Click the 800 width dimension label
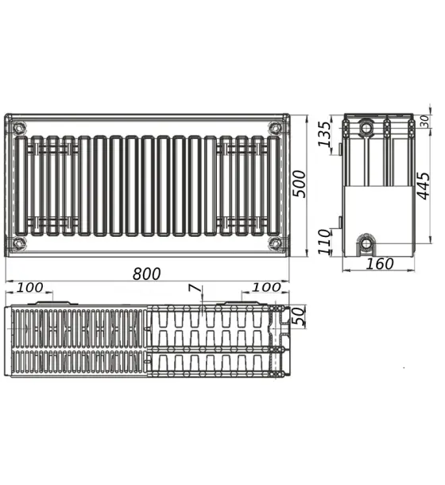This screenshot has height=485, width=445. pyautogui.click(x=146, y=274)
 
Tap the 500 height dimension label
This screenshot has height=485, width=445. pyautogui.click(x=299, y=184)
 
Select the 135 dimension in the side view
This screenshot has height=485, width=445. pyautogui.click(x=324, y=134)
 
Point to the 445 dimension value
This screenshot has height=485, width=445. pyautogui.click(x=423, y=185)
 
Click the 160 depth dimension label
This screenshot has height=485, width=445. pyautogui.click(x=380, y=264)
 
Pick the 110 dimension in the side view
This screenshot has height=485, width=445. pyautogui.click(x=324, y=242)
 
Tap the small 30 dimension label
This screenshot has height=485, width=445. pyautogui.click(x=425, y=122)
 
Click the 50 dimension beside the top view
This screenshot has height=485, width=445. pyautogui.click(x=299, y=316)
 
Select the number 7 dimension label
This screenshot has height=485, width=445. pyautogui.click(x=195, y=288)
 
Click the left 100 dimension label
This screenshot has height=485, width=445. pyautogui.click(x=29, y=288)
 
